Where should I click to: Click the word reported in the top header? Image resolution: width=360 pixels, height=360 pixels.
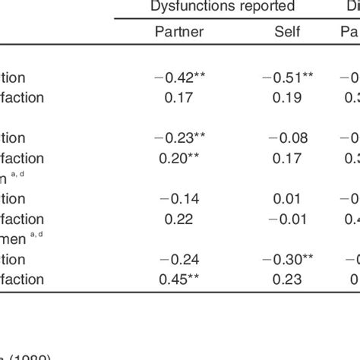pyautogui.click(x=261, y=7)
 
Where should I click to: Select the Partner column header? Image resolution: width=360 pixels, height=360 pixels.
pyautogui.click(x=178, y=32)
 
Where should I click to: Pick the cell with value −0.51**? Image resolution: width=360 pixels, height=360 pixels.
pyautogui.click(x=289, y=77)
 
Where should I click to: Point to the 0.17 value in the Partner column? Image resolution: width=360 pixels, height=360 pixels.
pyautogui.click(x=179, y=97)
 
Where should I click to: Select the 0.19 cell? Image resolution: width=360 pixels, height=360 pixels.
pyautogui.click(x=289, y=97)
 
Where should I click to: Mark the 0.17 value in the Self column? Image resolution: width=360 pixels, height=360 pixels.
pyautogui.click(x=289, y=158)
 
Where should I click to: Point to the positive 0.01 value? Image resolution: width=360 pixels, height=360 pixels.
pyautogui.click(x=289, y=198)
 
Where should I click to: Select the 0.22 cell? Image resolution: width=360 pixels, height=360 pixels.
pyautogui.click(x=179, y=219)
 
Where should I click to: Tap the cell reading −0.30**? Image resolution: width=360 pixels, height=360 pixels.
pyautogui.click(x=289, y=259)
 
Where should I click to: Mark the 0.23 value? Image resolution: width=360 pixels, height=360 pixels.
pyautogui.click(x=289, y=279)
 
